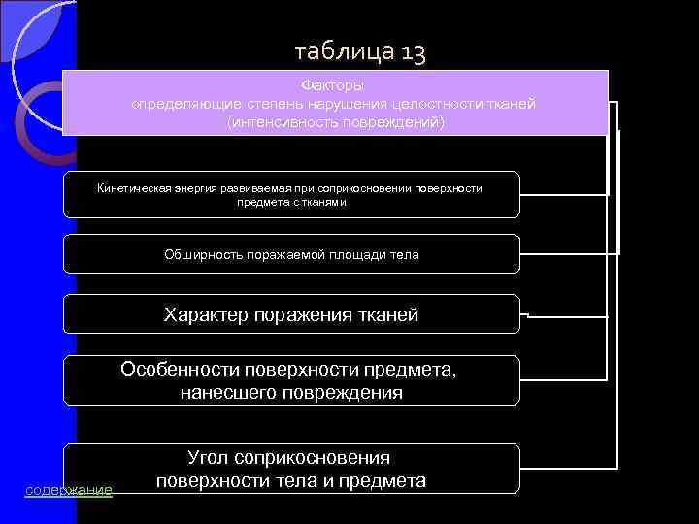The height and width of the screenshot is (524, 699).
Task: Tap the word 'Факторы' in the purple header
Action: tap(334, 85)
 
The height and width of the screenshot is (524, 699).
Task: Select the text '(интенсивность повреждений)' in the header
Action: tap(335, 122)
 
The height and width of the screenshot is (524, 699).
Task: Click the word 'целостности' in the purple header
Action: tap(434, 104)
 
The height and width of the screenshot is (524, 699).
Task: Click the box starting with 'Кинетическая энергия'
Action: tap(291, 194)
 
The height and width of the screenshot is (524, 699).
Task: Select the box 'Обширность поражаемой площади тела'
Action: tap(291, 254)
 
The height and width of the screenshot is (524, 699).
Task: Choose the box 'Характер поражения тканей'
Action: tap(291, 314)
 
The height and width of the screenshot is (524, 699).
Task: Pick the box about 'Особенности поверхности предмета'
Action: tap(291, 380)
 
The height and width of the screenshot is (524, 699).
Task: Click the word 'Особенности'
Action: tap(178, 370)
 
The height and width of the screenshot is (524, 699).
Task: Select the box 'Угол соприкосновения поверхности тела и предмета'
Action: tap(291, 469)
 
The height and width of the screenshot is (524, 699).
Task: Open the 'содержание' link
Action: tap(68, 491)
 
